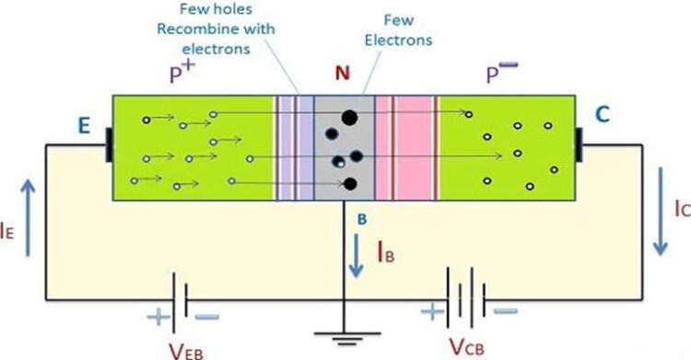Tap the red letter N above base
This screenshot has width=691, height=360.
342,73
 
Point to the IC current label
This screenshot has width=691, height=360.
681,209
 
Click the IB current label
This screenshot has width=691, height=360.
388,251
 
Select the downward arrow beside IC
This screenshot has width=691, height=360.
660,211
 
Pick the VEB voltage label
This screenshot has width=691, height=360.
187,348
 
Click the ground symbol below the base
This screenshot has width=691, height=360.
345,338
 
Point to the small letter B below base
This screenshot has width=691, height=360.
362,218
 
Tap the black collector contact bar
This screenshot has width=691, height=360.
580,145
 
